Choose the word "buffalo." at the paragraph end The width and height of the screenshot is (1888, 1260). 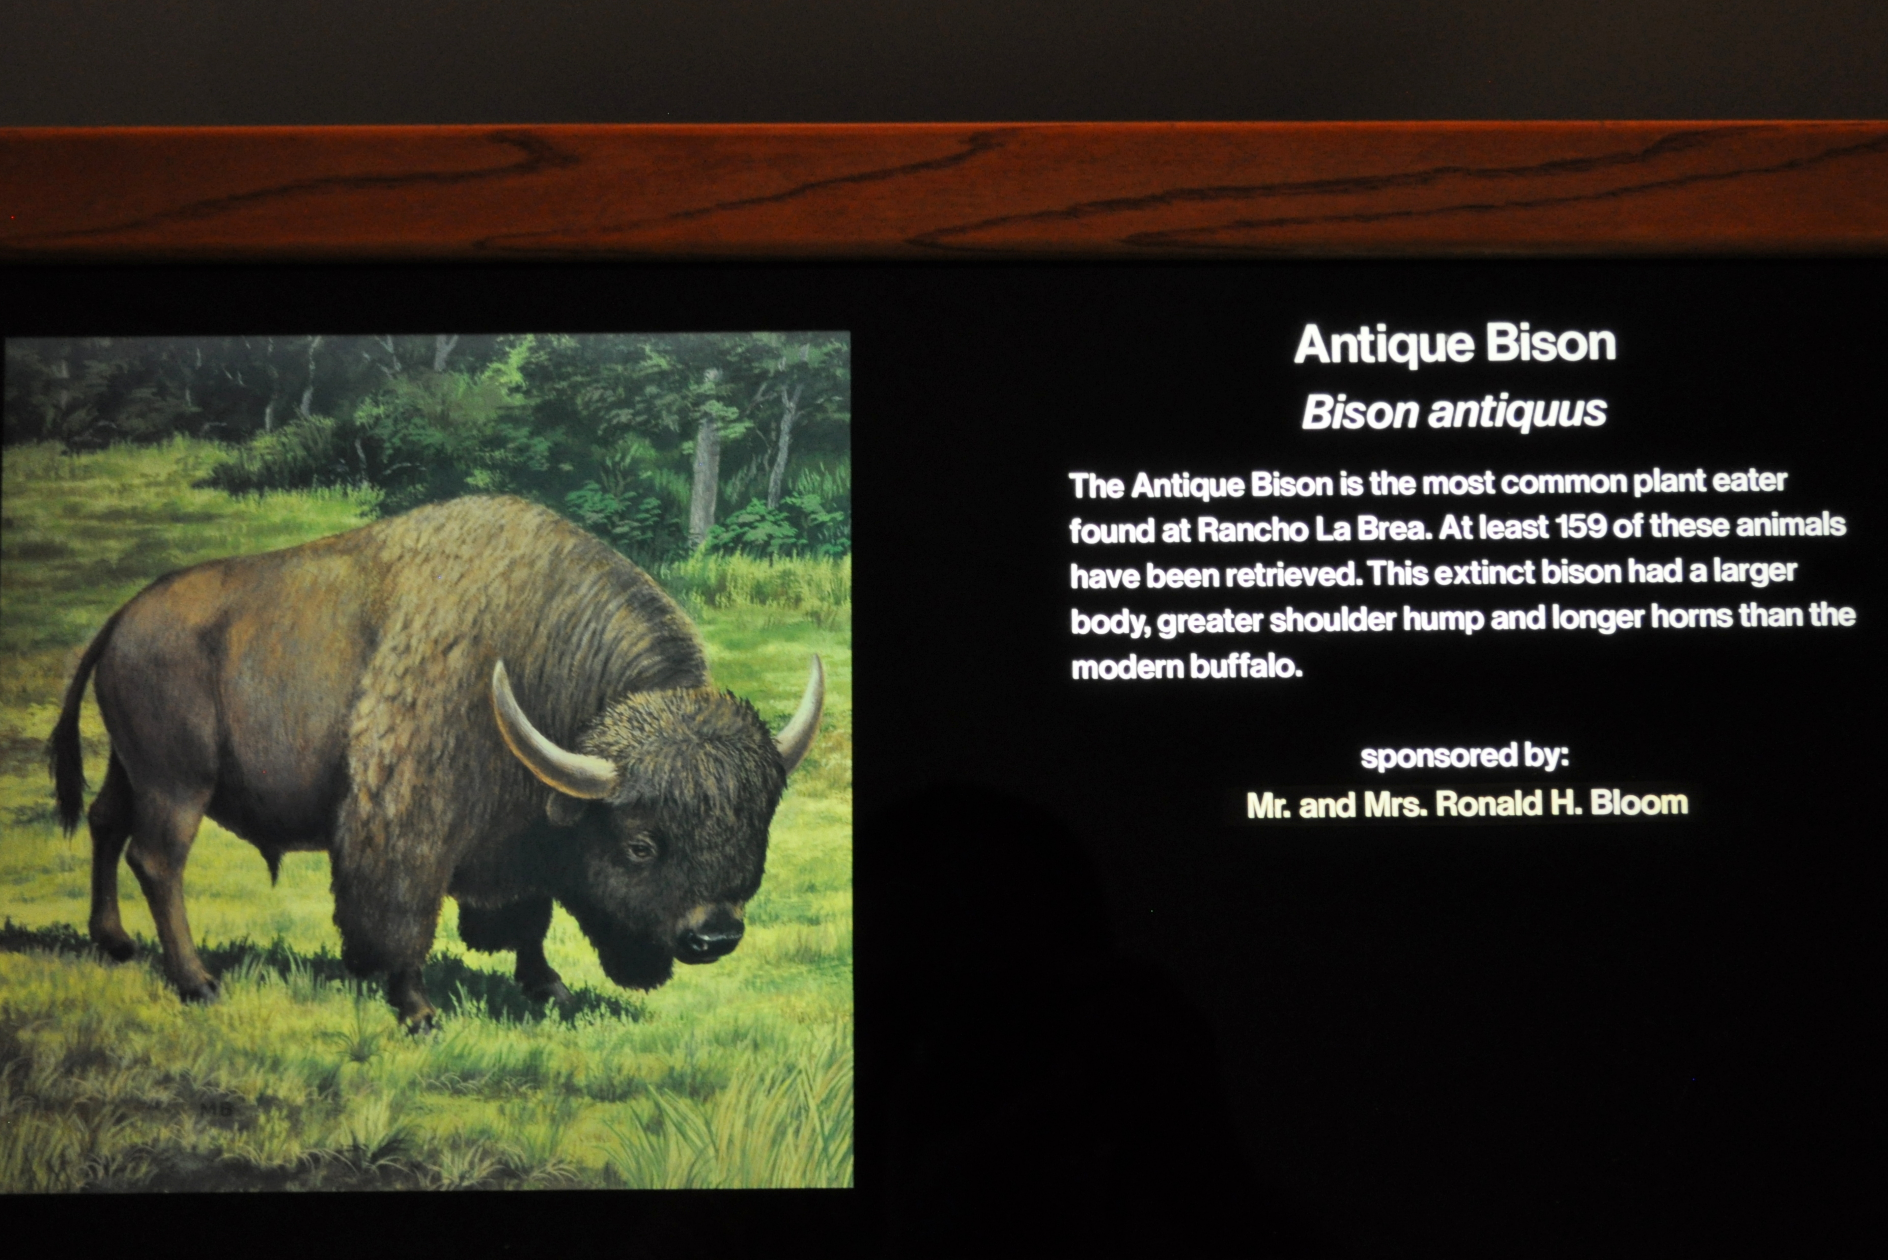click(x=1246, y=666)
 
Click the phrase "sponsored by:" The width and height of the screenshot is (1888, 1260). click(x=1464, y=756)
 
